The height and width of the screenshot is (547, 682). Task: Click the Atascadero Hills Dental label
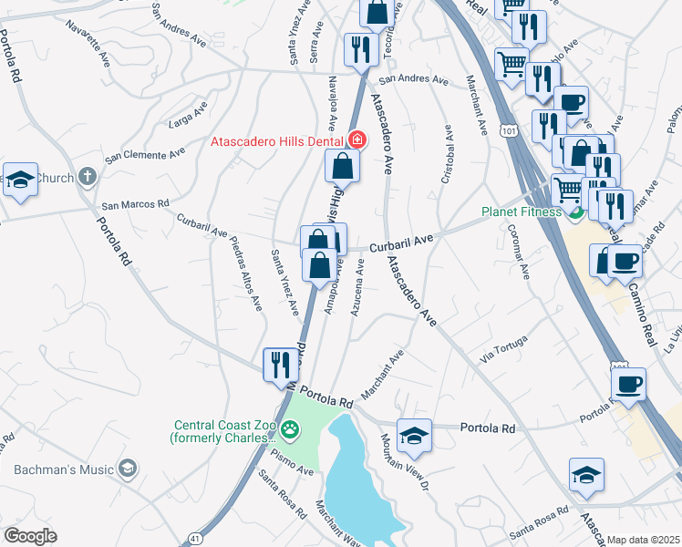point(275,141)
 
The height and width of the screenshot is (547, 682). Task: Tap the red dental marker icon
point(357,140)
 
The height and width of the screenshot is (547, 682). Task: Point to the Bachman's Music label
point(64,470)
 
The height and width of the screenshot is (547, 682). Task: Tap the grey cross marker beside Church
point(87,177)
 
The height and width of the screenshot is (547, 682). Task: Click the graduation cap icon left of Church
point(20,180)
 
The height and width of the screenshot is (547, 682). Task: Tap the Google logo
point(31,536)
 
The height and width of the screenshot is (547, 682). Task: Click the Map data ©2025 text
point(644,540)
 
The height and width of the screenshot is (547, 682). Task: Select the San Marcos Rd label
point(135,205)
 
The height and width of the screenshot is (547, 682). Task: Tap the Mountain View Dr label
point(404,462)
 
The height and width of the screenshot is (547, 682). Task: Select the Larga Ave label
point(189,117)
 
